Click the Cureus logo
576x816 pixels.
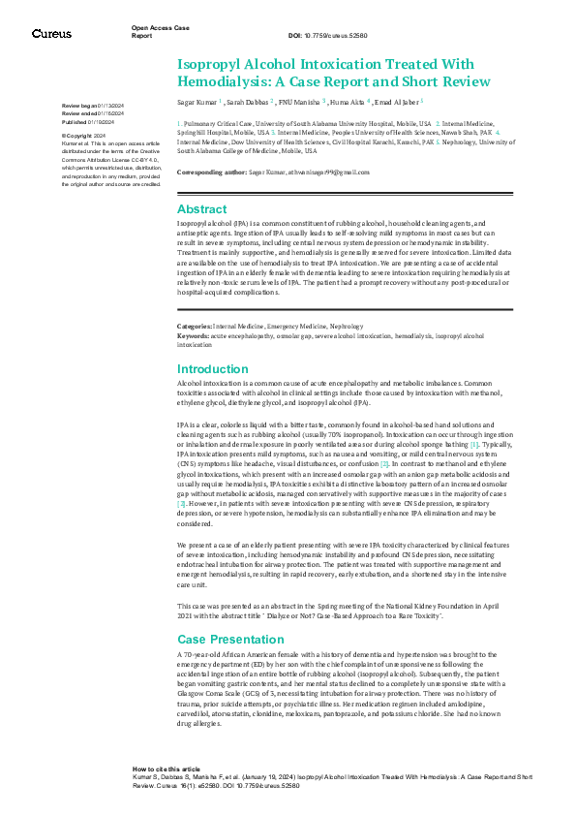click(x=51, y=33)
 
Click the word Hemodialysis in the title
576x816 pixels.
click(x=225, y=81)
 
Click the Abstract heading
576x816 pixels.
click(x=202, y=208)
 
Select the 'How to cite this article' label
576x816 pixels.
click(x=167, y=769)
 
